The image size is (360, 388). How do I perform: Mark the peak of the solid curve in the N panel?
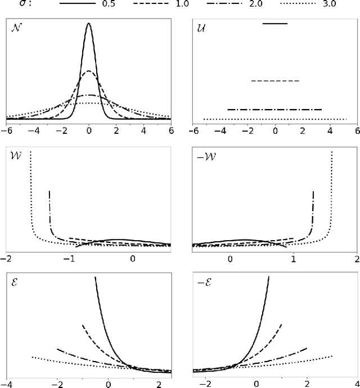click(x=89, y=24)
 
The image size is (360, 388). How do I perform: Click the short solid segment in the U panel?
click(x=275, y=24)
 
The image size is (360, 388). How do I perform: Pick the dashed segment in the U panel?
click(x=275, y=82)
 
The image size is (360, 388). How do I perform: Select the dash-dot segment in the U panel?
click(x=274, y=110)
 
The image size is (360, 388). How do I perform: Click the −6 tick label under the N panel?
click(x=6, y=129)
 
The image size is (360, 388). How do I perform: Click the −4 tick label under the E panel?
click(x=6, y=383)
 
